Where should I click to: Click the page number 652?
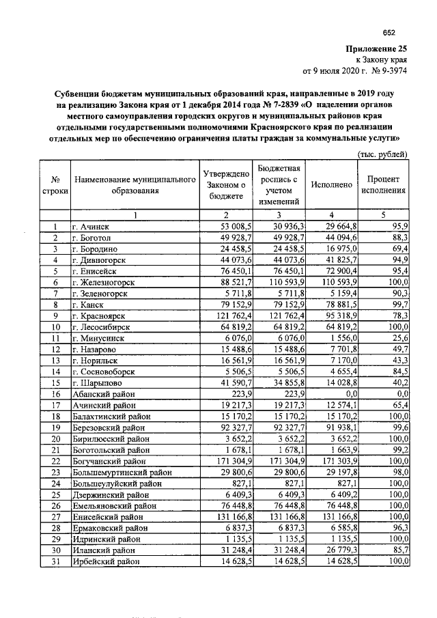pos(389,32)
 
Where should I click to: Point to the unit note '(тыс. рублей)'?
pos(384,154)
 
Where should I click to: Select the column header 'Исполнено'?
pos(331,184)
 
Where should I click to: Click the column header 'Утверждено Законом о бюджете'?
pos(225,184)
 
